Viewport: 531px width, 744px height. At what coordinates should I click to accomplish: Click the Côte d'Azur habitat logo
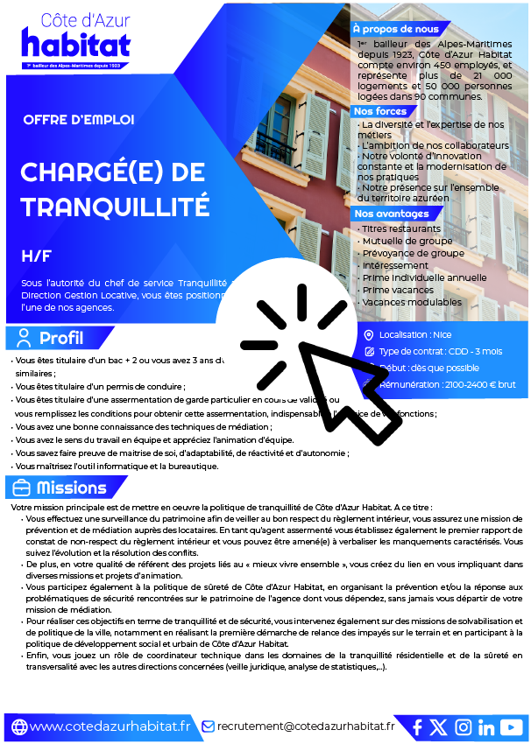coord(76,39)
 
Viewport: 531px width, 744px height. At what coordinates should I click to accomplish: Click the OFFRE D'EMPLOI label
coord(79,119)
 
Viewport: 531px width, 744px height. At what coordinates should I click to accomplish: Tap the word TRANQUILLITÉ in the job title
coord(115,207)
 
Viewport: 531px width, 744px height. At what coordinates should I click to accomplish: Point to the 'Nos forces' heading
coord(380,111)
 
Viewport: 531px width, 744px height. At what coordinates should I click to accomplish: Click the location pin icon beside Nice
coord(370,334)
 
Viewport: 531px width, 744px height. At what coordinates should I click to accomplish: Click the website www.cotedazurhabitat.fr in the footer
coord(109,726)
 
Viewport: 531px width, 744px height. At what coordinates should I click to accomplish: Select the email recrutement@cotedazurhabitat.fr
coord(305,726)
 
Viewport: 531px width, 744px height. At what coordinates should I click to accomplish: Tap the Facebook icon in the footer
coord(417,726)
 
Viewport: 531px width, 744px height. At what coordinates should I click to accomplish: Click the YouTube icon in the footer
coord(512,726)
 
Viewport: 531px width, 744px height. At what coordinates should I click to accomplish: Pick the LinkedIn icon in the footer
coord(486,726)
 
